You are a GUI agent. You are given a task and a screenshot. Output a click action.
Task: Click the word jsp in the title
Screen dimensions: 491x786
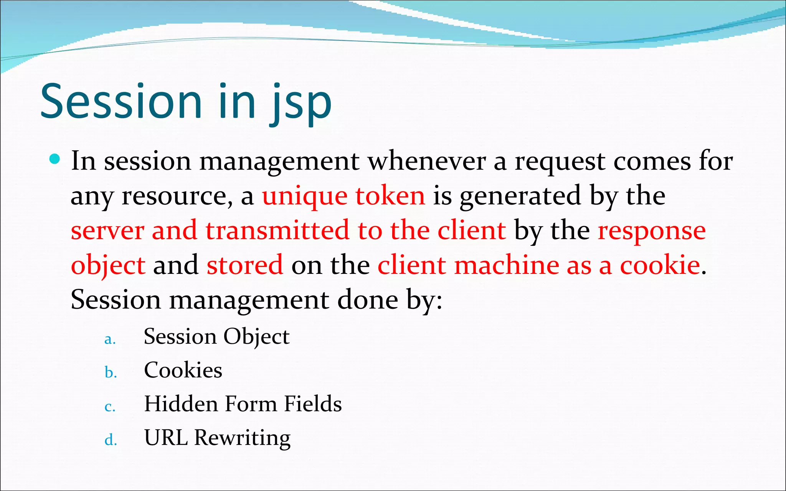point(301,103)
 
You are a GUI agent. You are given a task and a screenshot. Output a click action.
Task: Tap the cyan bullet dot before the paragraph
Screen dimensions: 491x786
point(55,159)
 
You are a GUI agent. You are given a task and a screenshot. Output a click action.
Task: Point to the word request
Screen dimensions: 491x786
point(560,162)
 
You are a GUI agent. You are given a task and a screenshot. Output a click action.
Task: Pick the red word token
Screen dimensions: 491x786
point(390,196)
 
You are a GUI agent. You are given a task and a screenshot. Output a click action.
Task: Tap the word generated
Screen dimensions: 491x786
point(520,196)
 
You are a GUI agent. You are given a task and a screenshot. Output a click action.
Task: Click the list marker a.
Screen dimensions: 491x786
point(110,339)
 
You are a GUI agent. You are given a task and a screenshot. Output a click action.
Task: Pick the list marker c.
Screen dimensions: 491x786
point(110,407)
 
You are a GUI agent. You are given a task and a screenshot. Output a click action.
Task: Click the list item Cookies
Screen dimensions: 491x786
point(183,370)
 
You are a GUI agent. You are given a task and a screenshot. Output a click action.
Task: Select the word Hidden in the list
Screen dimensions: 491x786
point(180,404)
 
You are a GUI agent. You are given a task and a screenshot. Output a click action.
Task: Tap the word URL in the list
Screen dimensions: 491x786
point(166,437)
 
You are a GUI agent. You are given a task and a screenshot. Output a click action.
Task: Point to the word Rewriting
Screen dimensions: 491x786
point(242,438)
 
